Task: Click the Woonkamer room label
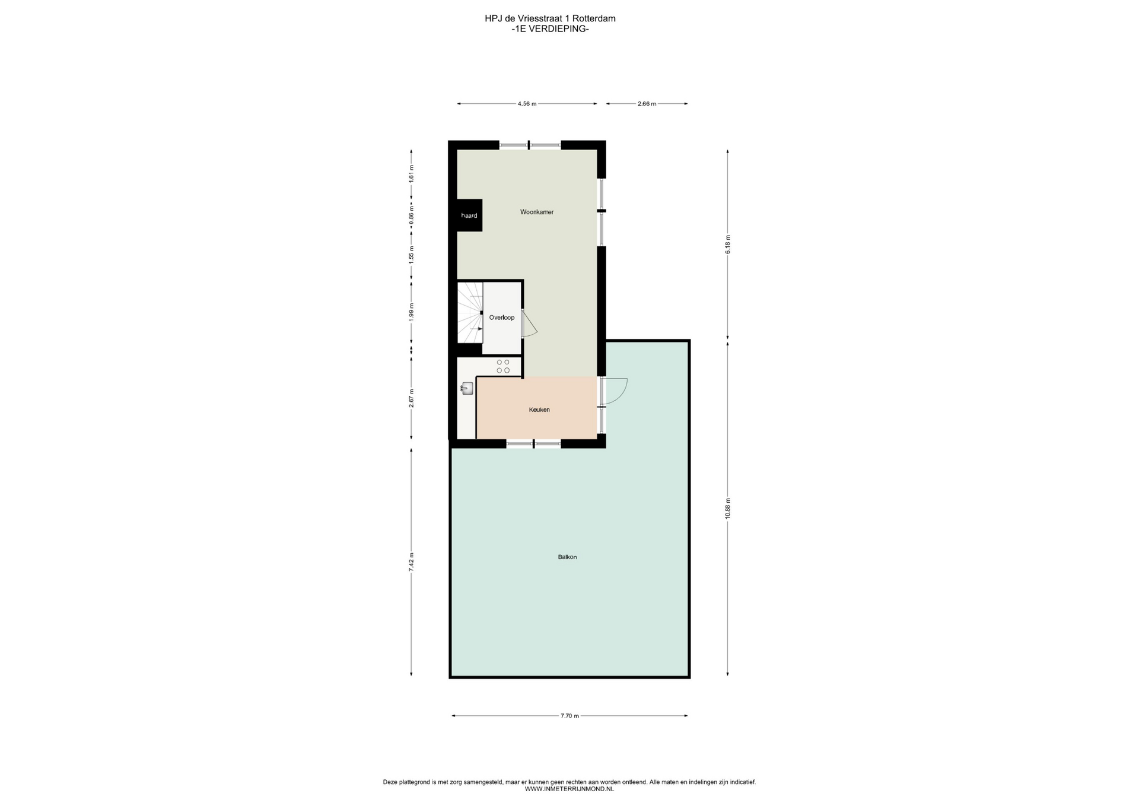(537, 212)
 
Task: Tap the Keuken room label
(539, 410)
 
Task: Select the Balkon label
(567, 557)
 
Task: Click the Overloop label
(502, 318)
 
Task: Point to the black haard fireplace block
(469, 215)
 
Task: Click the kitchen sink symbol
(467, 389)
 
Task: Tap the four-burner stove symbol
(503, 366)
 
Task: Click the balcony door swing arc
(621, 392)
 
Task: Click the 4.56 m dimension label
(527, 104)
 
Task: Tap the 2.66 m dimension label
(647, 104)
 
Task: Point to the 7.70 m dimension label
(569, 716)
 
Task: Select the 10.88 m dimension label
(728, 509)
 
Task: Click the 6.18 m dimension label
(728, 245)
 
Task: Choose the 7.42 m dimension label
(411, 561)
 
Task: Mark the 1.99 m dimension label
(411, 312)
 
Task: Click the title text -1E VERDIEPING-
(550, 28)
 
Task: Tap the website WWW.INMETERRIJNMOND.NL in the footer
(569, 789)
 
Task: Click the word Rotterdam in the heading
(594, 18)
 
